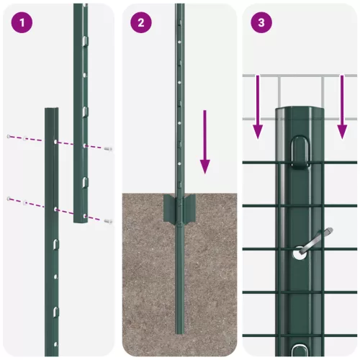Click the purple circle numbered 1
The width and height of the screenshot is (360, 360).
(22, 22)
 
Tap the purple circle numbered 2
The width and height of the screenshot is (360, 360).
(141, 22)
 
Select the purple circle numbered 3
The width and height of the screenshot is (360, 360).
(261, 22)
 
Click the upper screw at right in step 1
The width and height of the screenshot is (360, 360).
(107, 148)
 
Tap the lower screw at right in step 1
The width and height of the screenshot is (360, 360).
(107, 220)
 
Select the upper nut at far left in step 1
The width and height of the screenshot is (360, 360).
(9, 136)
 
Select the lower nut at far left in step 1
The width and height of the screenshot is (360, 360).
(9, 198)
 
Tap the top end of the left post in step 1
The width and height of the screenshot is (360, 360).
(52, 111)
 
